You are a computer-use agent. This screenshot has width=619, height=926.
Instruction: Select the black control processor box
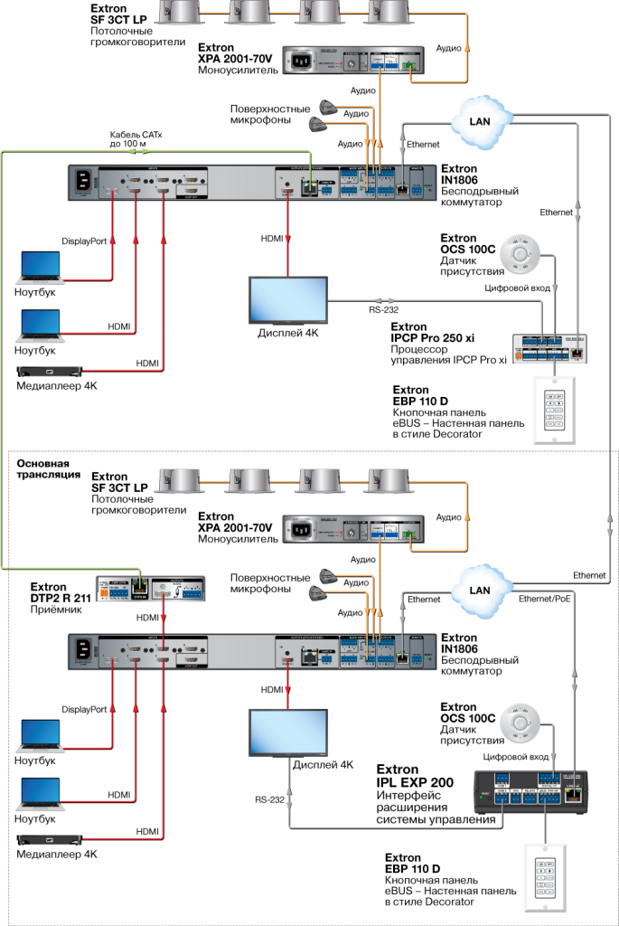[531, 791]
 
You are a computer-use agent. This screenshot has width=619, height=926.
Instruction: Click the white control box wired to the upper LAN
[549, 348]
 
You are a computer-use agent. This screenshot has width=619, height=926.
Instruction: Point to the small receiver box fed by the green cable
[151, 589]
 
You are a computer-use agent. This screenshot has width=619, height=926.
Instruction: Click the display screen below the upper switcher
[288, 299]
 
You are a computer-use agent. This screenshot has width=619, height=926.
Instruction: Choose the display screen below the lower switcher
[288, 732]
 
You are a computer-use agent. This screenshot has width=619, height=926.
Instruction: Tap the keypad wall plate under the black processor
[545, 877]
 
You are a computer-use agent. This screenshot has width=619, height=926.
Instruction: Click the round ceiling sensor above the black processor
[520, 724]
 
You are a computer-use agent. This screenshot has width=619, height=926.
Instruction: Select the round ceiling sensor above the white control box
[520, 254]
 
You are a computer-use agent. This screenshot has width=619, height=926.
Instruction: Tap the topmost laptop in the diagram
[41, 268]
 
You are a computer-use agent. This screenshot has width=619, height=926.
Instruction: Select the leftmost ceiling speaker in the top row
[182, 11]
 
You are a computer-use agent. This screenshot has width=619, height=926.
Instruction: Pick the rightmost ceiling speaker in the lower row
[388, 480]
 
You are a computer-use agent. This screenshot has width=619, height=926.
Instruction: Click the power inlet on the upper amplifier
[299, 61]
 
